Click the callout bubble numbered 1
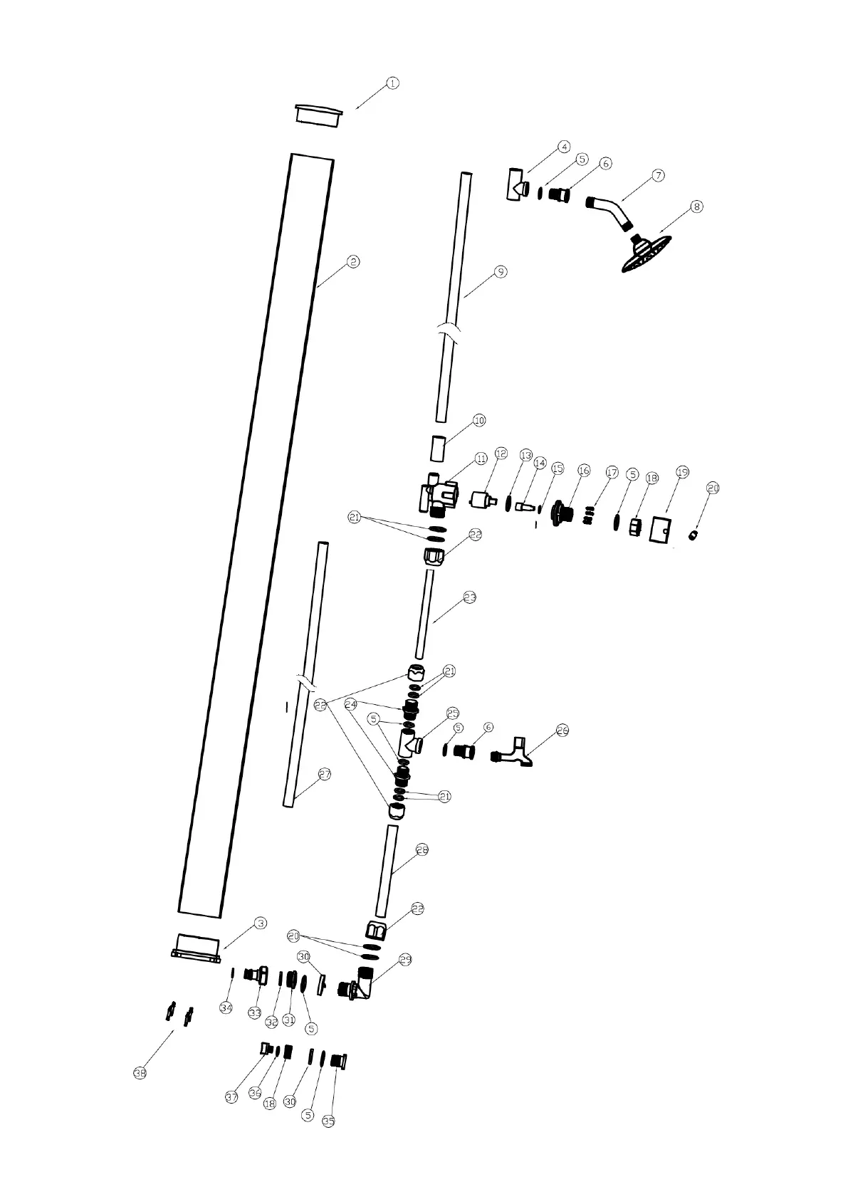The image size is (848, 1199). (392, 84)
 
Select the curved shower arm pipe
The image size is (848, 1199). (609, 211)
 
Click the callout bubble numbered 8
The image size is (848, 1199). (696, 207)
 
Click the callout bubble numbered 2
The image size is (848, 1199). (352, 262)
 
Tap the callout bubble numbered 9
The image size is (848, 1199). (501, 271)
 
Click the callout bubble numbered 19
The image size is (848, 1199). (682, 472)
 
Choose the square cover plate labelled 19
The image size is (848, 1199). (661, 530)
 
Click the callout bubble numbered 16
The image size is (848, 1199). (584, 471)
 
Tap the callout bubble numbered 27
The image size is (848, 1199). (325, 775)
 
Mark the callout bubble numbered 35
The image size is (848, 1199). (328, 1121)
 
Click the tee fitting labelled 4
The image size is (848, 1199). (517, 184)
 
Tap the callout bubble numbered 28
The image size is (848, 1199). (422, 849)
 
